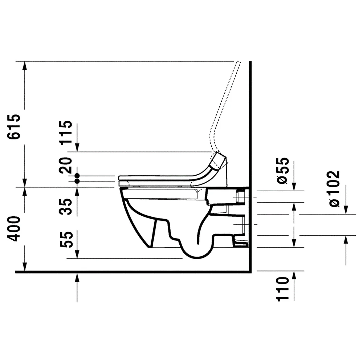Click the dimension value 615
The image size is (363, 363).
pyautogui.click(x=14, y=127)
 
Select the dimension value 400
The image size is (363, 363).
pyautogui.click(x=14, y=229)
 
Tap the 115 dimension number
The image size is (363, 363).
pyautogui.click(x=66, y=133)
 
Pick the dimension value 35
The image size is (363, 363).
pyautogui.click(x=66, y=207)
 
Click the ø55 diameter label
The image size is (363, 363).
pyautogui.click(x=283, y=171)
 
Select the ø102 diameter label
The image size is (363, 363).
pyautogui.click(x=334, y=189)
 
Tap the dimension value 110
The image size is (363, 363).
pyautogui.click(x=283, y=289)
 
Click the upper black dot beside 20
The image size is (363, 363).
pyautogui.click(x=77, y=176)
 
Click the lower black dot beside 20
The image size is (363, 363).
pyautogui.click(x=77, y=181)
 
